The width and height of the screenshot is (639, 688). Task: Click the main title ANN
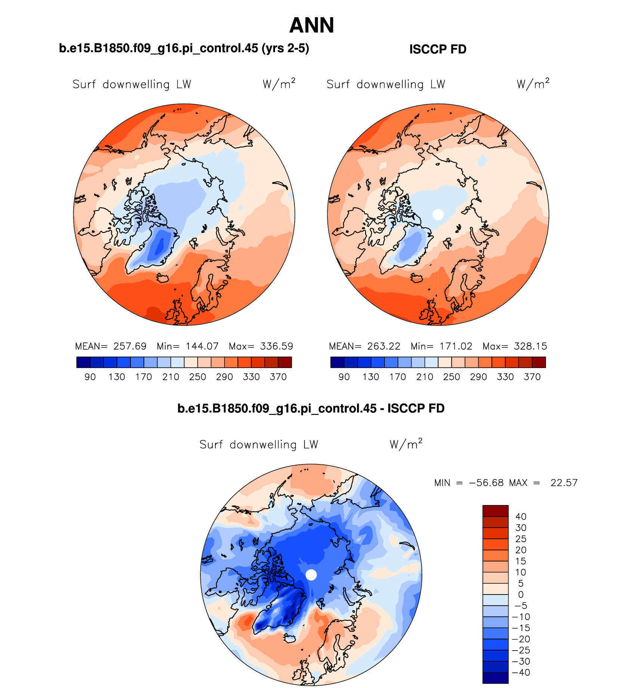pyautogui.click(x=312, y=25)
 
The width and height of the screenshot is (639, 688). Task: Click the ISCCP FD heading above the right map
pyautogui.click(x=438, y=49)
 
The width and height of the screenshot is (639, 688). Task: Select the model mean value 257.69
pyautogui.click(x=130, y=346)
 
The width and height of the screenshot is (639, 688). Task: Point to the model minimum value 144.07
pyautogui.click(x=202, y=346)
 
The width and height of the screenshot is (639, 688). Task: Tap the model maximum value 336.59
pyautogui.click(x=277, y=346)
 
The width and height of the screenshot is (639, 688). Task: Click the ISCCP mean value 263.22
pyautogui.click(x=383, y=346)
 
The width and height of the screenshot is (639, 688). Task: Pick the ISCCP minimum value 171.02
pyautogui.click(x=456, y=346)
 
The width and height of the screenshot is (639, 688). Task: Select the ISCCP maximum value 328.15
pyautogui.click(x=530, y=346)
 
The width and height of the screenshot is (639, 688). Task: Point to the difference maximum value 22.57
pyautogui.click(x=564, y=483)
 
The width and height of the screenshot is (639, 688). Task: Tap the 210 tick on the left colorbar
pyautogui.click(x=171, y=377)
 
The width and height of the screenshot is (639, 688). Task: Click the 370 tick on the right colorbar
pyautogui.click(x=532, y=377)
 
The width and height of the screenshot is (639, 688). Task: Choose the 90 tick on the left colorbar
pyautogui.click(x=90, y=377)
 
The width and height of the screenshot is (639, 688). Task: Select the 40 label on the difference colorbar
pyautogui.click(x=521, y=517)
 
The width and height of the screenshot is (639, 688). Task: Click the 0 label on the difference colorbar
pyautogui.click(x=521, y=595)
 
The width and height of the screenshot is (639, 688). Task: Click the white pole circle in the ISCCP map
pyautogui.click(x=438, y=215)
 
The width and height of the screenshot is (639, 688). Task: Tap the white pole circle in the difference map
pyautogui.click(x=311, y=575)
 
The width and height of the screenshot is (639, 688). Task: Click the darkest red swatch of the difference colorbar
pyautogui.click(x=495, y=511)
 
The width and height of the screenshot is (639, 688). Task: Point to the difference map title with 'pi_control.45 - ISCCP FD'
pyautogui.click(x=311, y=408)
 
